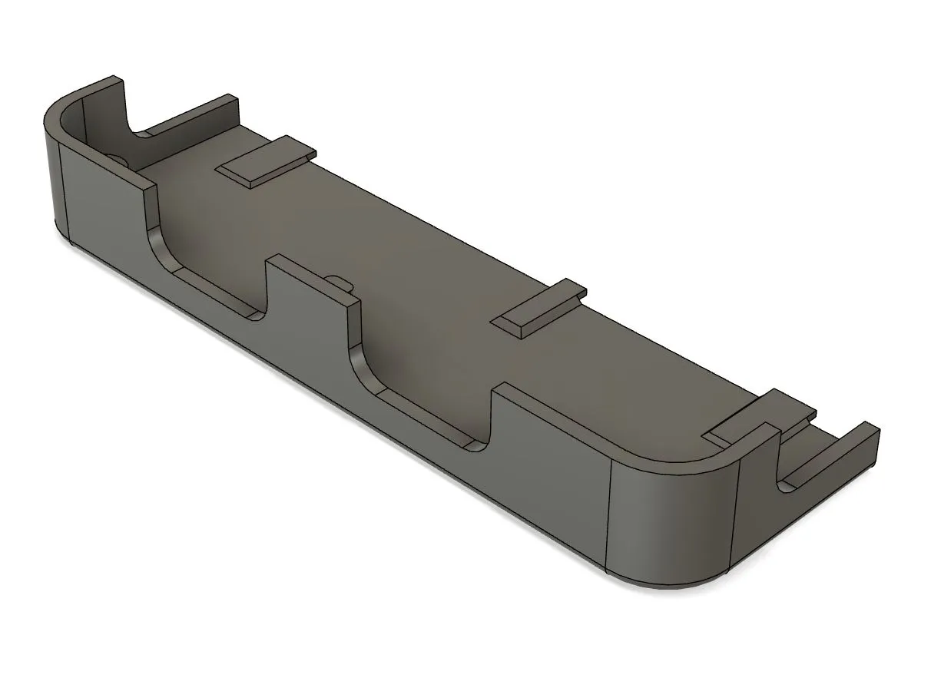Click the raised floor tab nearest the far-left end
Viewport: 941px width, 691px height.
pos(265,162)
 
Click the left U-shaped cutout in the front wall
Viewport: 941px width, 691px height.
pos(207,276)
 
